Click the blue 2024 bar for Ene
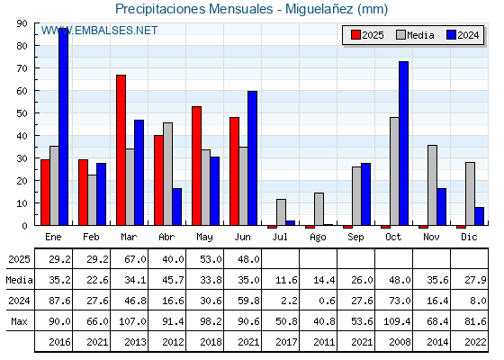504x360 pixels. (64, 127)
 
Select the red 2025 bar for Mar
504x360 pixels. (121, 150)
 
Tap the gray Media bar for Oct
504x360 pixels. (394, 171)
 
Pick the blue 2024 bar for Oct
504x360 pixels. (404, 143)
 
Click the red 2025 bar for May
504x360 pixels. (197, 166)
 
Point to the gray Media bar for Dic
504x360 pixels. (470, 193)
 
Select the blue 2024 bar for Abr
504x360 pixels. (176, 207)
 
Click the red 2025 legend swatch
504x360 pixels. (355, 35)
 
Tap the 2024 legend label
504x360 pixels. (468, 35)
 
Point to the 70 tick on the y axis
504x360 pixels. (22, 68)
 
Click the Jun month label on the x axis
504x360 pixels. (242, 238)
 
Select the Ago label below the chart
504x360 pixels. (318, 238)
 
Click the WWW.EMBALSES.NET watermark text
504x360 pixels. (99, 31)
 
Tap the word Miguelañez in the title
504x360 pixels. (319, 9)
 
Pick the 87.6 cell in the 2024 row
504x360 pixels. (59, 301)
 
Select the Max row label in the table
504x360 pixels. (19, 321)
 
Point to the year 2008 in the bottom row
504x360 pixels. (400, 342)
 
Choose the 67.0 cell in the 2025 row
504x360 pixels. (135, 259)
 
